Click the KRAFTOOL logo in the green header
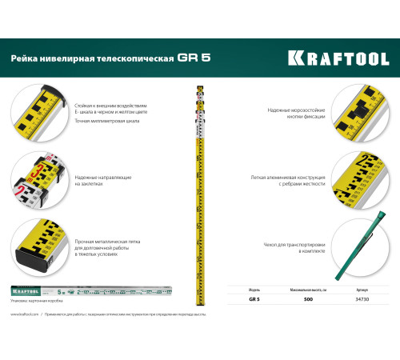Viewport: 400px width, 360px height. point(338,58)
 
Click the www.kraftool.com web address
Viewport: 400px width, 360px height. point(25,315)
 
